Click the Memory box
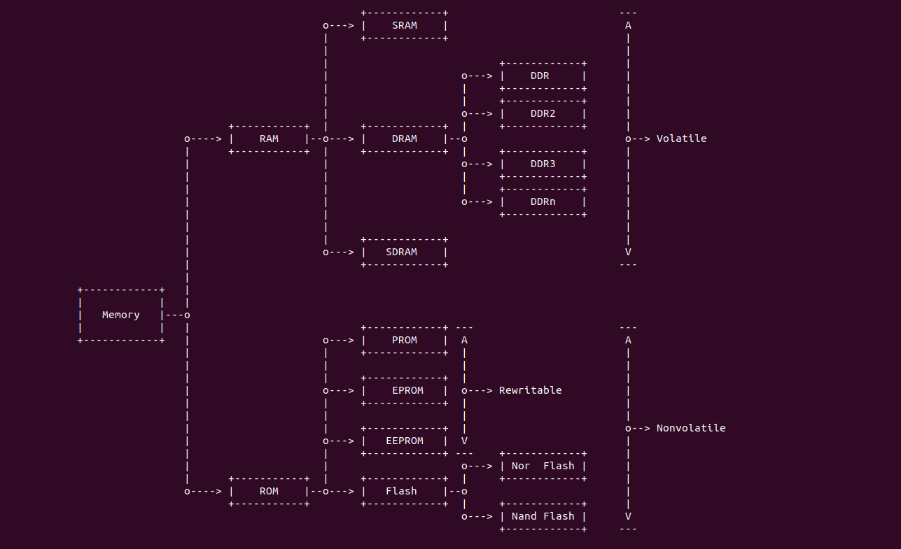[121, 315]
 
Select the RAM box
[269, 138]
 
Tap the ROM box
[269, 491]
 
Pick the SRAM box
[405, 25]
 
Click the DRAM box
[405, 138]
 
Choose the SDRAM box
[405, 252]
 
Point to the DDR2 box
[543, 113]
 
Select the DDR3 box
[543, 164]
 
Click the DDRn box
[543, 201]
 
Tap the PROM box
[405, 340]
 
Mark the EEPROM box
[405, 441]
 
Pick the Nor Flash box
[543, 466]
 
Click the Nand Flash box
[543, 516]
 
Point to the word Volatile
[681, 138]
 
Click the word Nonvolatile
[690, 428]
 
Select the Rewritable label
[530, 390]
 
